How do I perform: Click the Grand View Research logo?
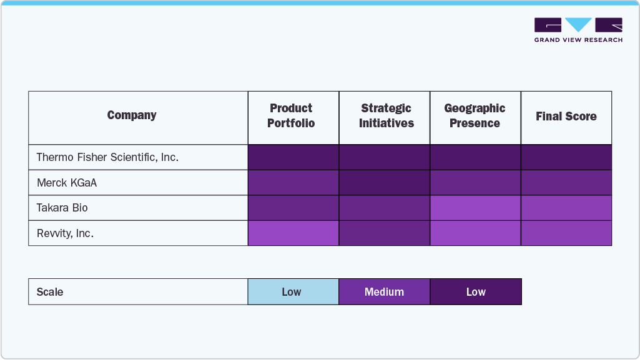[578, 30]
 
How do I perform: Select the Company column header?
[132, 115]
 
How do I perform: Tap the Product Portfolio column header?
[291, 116]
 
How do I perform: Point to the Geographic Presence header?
[475, 116]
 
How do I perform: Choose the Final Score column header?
[566, 117]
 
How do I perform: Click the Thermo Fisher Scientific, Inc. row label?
[107, 157]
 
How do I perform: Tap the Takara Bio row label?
[62, 208]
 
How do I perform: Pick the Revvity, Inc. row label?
[65, 233]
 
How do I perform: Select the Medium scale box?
[384, 292]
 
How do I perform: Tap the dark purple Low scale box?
[476, 292]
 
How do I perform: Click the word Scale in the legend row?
[50, 292]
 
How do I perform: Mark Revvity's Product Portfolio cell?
[293, 233]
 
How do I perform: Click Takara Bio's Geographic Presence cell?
[475, 208]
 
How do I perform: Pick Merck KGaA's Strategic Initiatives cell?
[385, 183]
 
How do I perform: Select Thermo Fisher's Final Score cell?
[566, 157]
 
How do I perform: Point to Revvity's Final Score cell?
[566, 233]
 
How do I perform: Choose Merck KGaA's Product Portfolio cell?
[293, 183]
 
